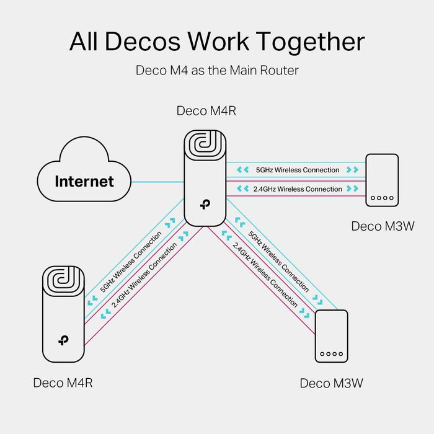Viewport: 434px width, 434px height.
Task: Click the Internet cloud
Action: point(84,180)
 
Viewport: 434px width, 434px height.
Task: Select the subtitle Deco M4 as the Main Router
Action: point(217,70)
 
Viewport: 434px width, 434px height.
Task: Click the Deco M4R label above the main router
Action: point(206,111)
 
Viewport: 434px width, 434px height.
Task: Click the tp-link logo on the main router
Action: point(204,205)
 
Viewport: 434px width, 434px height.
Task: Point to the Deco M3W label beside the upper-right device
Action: point(383,226)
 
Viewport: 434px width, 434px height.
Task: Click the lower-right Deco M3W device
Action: point(332,337)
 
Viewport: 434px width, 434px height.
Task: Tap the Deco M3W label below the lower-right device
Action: point(331,383)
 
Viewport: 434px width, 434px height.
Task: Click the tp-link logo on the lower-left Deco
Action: point(63,340)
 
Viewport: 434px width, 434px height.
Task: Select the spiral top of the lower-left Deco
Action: point(63,280)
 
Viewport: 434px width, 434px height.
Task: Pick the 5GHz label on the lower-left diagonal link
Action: point(131,262)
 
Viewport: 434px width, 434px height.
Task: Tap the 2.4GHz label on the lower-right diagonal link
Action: point(265,273)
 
